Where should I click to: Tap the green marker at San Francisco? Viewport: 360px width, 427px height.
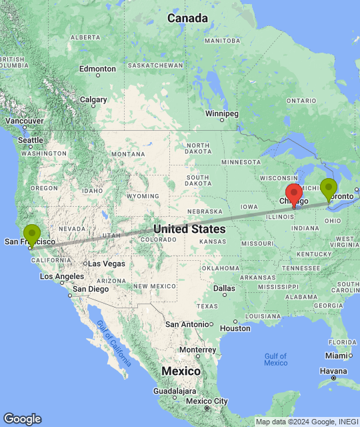pos(31,236)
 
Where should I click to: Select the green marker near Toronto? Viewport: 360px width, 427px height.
pos(328,189)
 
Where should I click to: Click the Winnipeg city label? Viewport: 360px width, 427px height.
pos(221,114)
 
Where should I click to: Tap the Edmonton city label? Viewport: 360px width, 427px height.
pos(97,69)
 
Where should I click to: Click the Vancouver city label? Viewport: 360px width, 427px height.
pos(23,121)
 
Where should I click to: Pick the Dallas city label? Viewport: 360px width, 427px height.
pos(224,289)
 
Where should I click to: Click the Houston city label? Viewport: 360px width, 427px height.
pos(235,328)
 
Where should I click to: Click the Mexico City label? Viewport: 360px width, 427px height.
pos(208,401)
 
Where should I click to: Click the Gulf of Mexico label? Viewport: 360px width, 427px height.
pos(275,360)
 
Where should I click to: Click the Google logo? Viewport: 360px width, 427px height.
pos(22,418)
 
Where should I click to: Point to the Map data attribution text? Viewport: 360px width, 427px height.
pos(307,422)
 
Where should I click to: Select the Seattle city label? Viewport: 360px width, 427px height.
pos(31,140)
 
